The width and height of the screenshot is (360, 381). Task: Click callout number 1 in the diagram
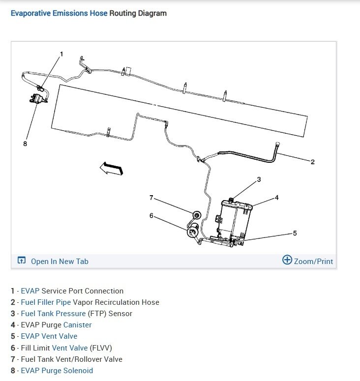(61, 54)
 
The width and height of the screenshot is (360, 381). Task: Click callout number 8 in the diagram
(25, 144)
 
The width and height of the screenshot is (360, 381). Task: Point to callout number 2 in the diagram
(312, 162)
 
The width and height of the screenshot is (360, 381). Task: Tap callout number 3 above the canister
(259, 179)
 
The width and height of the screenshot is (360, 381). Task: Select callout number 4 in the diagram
(276, 198)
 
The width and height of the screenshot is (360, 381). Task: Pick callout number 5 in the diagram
(295, 233)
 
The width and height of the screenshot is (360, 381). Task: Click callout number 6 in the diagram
(151, 215)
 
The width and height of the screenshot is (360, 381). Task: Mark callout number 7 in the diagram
(151, 198)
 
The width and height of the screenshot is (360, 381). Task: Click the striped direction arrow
(111, 169)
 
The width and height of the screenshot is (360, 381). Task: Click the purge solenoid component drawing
(35, 98)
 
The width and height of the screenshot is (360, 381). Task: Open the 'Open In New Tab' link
(59, 262)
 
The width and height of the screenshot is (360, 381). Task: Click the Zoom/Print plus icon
(287, 260)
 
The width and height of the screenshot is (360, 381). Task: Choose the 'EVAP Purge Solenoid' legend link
(57, 371)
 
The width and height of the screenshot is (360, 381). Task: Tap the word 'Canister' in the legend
(77, 325)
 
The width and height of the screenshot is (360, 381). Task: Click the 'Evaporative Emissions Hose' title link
(59, 13)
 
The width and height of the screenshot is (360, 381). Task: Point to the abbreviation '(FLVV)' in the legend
(101, 348)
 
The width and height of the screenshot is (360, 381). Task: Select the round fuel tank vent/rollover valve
(196, 214)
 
